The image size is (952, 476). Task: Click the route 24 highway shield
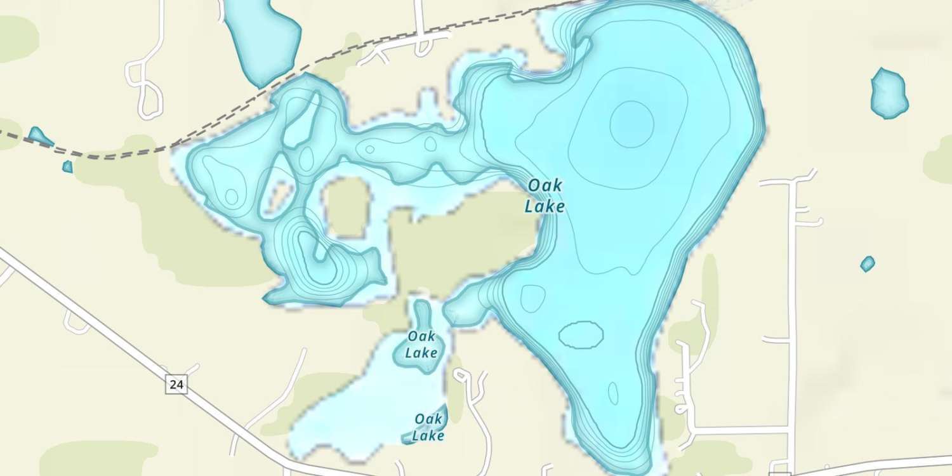(177, 385)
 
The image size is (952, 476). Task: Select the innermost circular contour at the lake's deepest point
(631, 123)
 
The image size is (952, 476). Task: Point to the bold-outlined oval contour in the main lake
(581, 334)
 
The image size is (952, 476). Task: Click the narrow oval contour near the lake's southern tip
(613, 393)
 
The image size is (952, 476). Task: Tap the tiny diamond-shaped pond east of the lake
(868, 263)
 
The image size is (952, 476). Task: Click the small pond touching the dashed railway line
(39, 136)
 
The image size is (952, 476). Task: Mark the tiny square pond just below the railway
(67, 167)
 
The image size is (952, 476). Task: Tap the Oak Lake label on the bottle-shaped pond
(421, 344)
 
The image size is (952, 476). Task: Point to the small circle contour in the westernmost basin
(231, 197)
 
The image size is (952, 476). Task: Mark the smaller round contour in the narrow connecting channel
(430, 144)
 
